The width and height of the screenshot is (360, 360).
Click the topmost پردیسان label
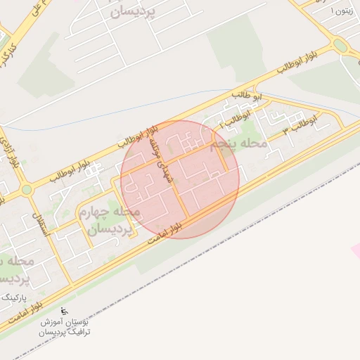tap(131, 12)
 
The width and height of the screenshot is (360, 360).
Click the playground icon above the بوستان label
tap(66, 311)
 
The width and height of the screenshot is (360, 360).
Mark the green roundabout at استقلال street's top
tap(27, 189)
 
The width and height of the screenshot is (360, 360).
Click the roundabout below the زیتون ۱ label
tap(341, 46)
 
